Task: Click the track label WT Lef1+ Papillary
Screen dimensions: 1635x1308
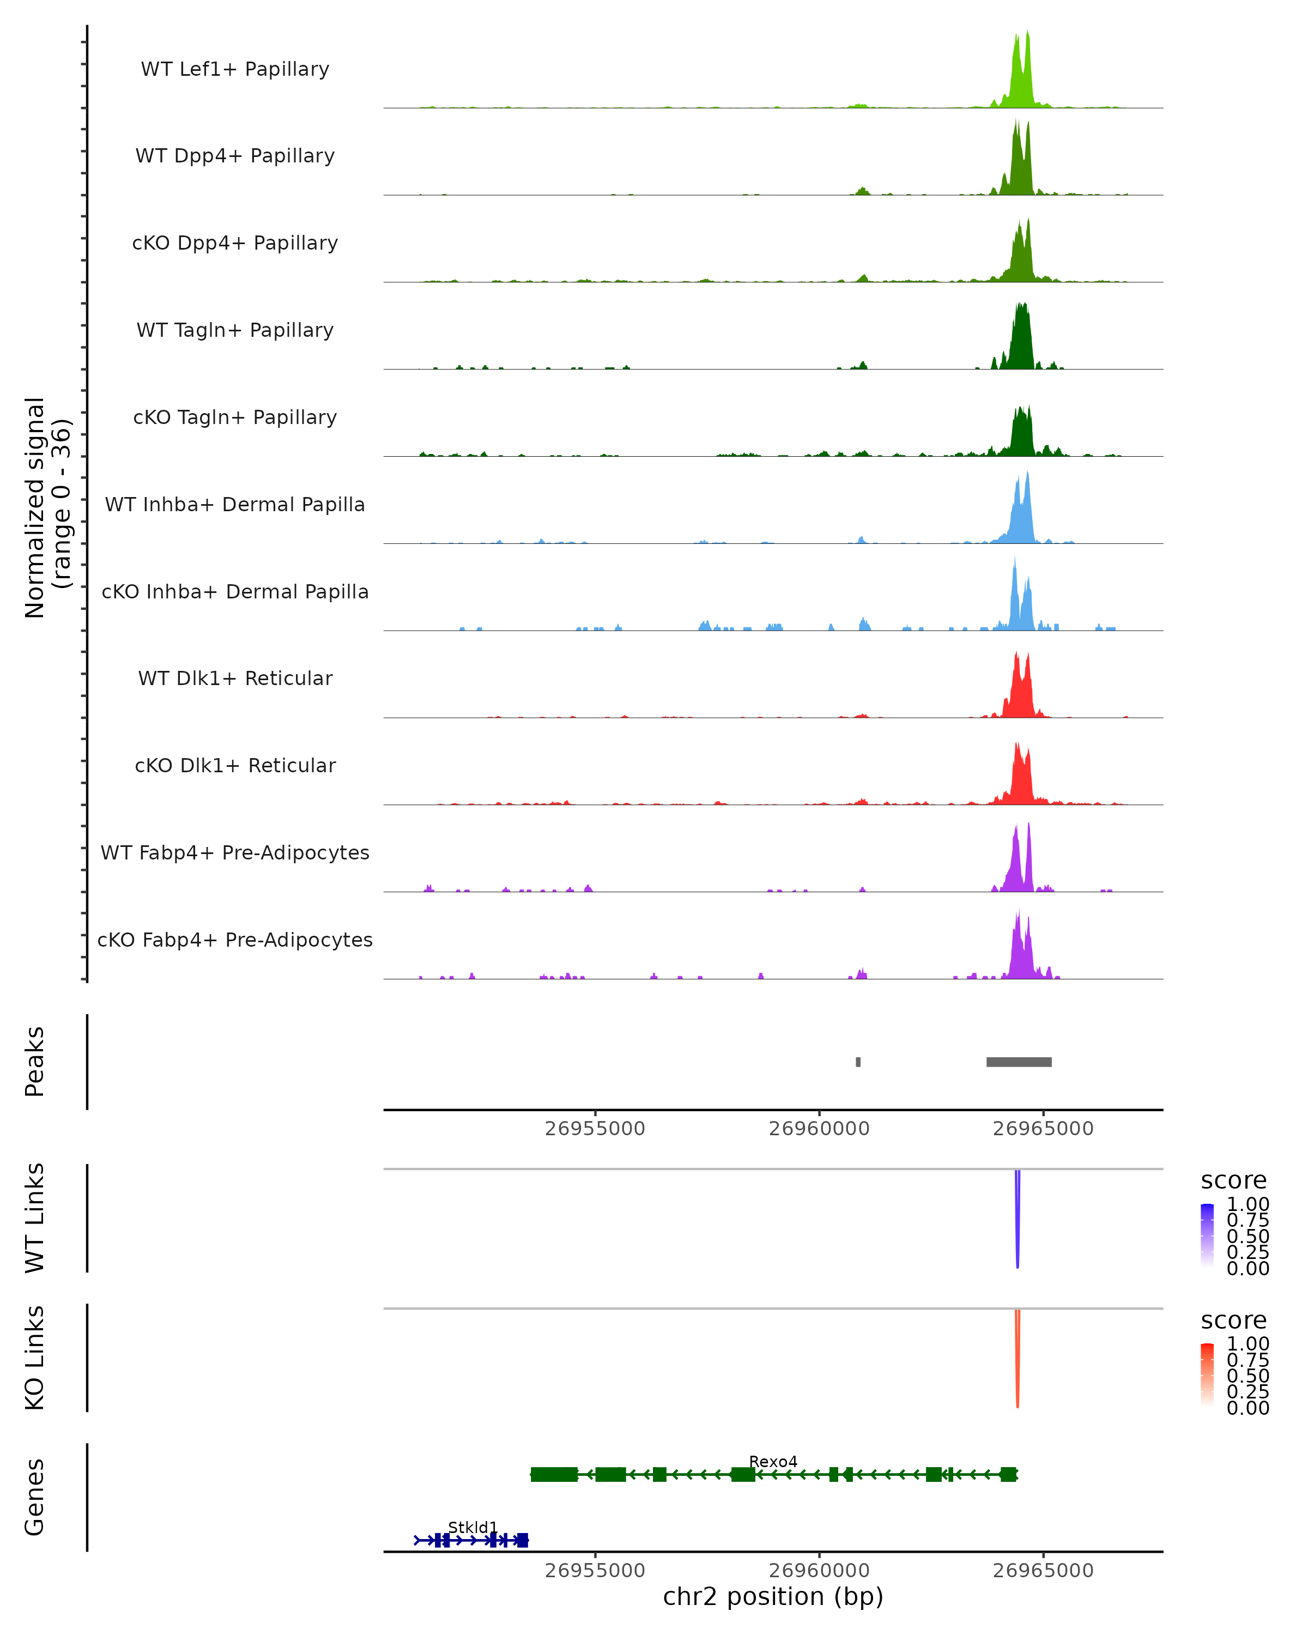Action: (x=235, y=69)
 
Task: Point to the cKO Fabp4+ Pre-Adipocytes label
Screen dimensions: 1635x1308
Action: (x=235, y=940)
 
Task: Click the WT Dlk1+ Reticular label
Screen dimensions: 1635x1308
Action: (x=235, y=679)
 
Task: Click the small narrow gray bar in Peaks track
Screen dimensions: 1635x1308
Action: (x=858, y=1062)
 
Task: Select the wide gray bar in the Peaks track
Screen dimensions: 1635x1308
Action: (x=1019, y=1062)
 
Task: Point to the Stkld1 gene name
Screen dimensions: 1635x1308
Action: (x=473, y=1527)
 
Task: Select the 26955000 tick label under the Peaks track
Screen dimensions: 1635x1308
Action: (x=595, y=1129)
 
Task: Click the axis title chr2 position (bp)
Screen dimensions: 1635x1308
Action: (x=773, y=1596)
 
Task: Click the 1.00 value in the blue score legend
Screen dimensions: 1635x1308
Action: (x=1248, y=1204)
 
